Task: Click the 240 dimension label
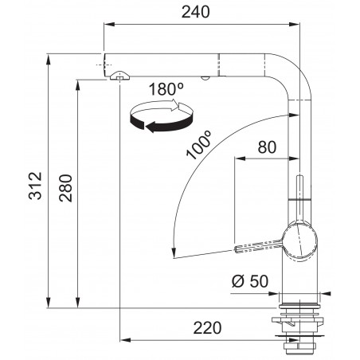pos(195,12)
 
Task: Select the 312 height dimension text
pos(35,186)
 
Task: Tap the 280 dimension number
pos(65,188)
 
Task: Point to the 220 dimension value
pos(207,327)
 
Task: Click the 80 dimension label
pos(267,147)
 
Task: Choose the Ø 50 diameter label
pos(250,281)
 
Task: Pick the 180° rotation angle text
pos(166,89)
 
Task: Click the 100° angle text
pos(198,145)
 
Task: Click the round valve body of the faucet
pos(299,241)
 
